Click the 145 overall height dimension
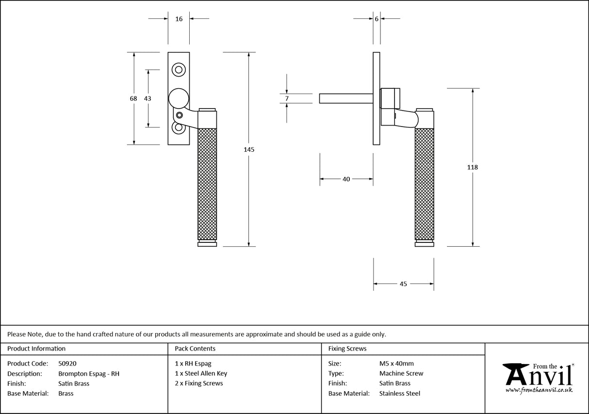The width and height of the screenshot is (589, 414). [x=248, y=149]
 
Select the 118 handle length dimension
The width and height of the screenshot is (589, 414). [x=472, y=167]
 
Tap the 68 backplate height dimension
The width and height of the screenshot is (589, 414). [x=133, y=98]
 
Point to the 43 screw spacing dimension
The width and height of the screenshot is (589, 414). [x=147, y=98]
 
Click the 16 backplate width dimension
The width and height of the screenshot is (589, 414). [x=179, y=19]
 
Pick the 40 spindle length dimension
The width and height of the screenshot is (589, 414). [x=346, y=179]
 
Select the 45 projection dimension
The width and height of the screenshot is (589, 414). [x=403, y=284]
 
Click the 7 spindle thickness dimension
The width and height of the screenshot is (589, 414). [x=287, y=98]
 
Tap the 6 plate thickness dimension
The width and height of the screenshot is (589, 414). [x=376, y=19]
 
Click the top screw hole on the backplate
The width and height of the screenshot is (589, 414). [x=179, y=70]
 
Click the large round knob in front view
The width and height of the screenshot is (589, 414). [x=178, y=98]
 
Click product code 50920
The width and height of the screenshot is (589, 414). [x=67, y=364]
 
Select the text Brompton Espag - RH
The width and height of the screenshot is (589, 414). [x=88, y=374]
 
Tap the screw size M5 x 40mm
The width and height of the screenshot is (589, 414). [x=396, y=364]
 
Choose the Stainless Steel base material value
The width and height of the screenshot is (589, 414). [x=400, y=394]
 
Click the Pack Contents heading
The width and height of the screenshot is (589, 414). [x=195, y=349]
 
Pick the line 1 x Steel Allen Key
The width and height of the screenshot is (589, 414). [x=201, y=374]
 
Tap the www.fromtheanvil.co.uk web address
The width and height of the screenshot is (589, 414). [x=539, y=390]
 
